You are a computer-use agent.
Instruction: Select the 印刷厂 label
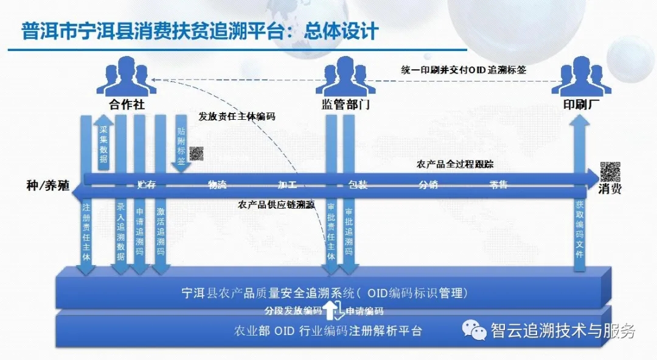(x=581, y=104)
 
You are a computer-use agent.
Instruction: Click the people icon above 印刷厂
(x=581, y=77)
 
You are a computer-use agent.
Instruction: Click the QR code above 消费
(x=610, y=171)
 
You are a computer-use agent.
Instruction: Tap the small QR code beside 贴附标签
(x=196, y=153)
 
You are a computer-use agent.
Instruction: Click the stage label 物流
(x=217, y=185)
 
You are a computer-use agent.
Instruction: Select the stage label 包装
(x=358, y=185)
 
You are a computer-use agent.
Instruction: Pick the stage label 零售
(x=498, y=185)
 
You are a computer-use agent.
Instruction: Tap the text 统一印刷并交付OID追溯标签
(x=464, y=70)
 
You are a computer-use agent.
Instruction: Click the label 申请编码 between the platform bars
(x=364, y=311)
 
